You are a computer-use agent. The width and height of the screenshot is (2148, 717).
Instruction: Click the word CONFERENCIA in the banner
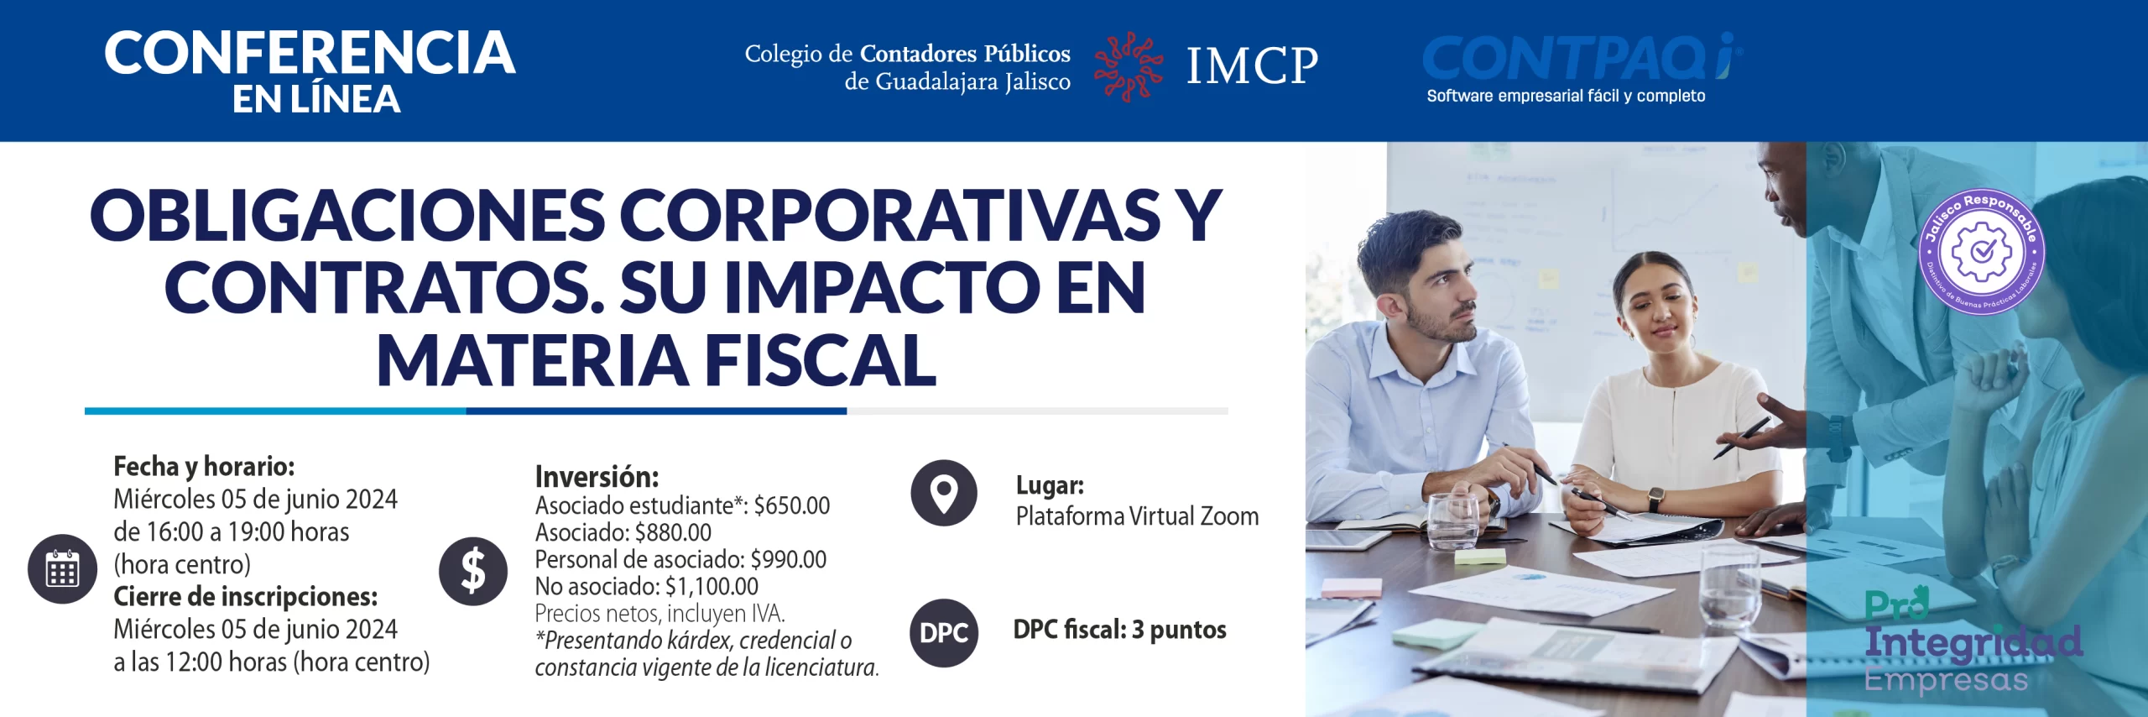click(310, 53)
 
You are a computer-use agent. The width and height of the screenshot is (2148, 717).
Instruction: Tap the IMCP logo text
click(1252, 65)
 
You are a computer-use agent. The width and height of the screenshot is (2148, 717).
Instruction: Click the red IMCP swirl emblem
click(1128, 66)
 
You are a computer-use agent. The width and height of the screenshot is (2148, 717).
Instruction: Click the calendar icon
click(63, 568)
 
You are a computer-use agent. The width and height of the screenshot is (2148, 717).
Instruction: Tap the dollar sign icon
click(473, 571)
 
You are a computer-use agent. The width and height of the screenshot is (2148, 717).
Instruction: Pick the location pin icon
click(944, 493)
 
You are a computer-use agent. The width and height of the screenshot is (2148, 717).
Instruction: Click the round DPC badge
click(944, 632)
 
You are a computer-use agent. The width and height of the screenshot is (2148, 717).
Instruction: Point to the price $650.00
click(791, 505)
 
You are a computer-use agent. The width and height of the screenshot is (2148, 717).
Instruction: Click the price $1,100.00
click(712, 586)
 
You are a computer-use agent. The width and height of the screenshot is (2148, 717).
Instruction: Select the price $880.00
click(673, 532)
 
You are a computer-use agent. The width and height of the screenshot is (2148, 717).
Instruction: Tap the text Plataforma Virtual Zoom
click(1137, 516)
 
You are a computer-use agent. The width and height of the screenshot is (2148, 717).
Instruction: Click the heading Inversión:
click(597, 477)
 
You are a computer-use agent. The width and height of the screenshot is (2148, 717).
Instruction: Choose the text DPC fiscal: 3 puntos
click(1119, 630)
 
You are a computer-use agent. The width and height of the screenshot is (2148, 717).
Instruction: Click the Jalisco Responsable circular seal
click(1982, 252)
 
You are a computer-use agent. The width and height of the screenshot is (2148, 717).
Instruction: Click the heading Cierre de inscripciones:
click(245, 597)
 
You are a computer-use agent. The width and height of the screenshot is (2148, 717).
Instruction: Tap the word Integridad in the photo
click(1973, 641)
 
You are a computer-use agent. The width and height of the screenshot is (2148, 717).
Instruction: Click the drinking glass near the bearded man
click(1453, 521)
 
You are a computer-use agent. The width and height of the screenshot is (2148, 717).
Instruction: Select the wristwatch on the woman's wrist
click(1655, 499)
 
